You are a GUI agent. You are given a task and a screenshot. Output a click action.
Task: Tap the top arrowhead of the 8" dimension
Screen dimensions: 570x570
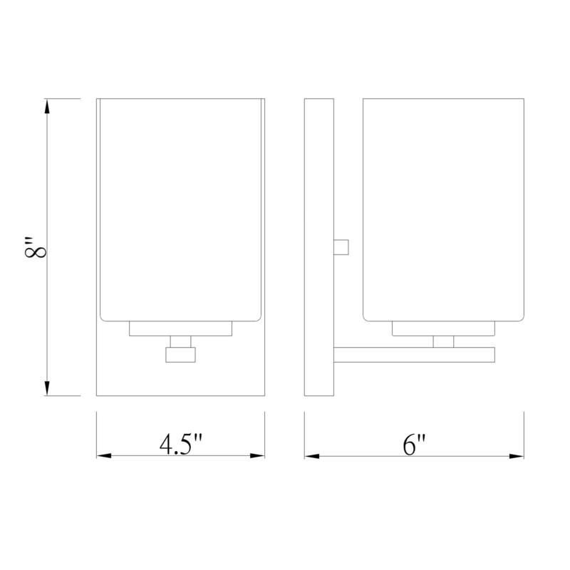(47, 107)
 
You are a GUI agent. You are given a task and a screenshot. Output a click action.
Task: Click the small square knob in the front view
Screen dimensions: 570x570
(180, 354)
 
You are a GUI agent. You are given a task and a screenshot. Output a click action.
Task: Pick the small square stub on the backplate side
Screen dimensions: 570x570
(341, 247)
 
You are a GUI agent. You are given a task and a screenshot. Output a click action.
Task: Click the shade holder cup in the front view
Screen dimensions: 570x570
(181, 328)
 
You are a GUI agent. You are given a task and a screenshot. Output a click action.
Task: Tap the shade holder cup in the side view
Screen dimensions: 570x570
(443, 328)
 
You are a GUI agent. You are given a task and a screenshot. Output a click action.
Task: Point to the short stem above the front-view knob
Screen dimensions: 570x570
(181, 341)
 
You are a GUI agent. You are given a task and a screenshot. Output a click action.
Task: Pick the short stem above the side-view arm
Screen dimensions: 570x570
(443, 341)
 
